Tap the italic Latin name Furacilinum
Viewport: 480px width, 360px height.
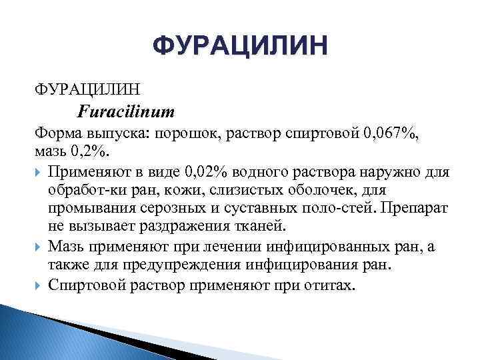pos(126,110)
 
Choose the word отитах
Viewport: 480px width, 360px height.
pos(332,284)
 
